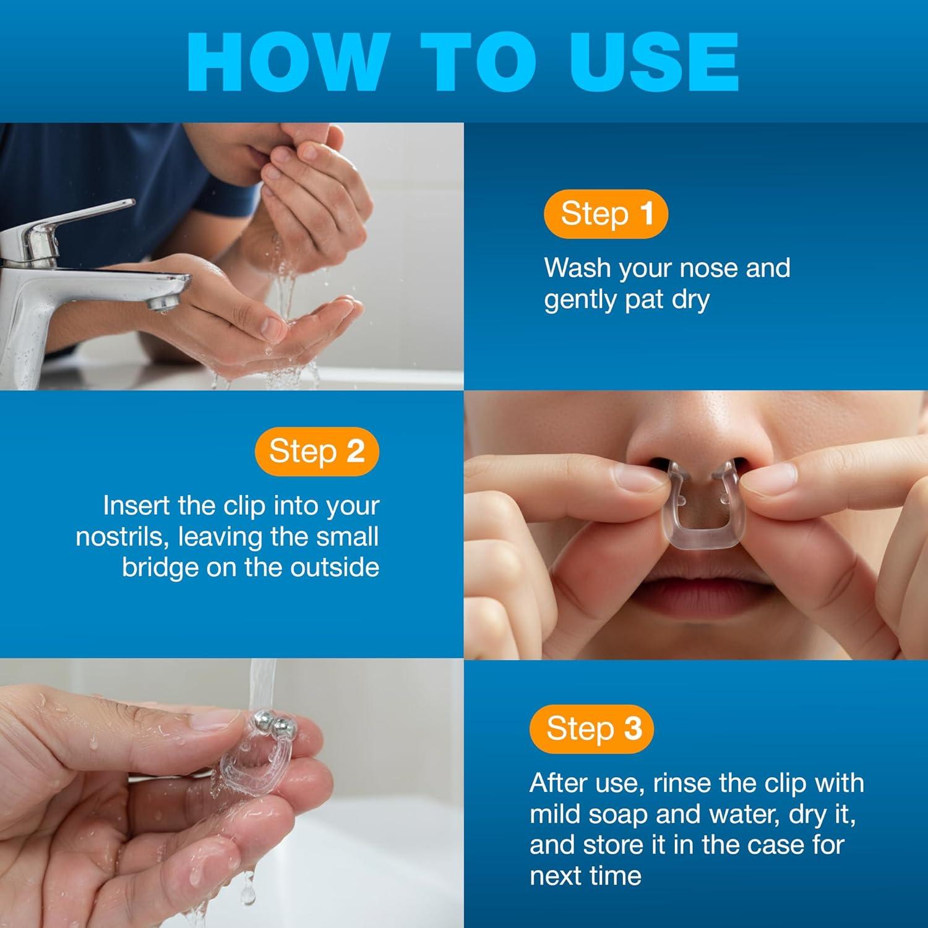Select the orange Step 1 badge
coord(606,214)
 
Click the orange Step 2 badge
coord(316,451)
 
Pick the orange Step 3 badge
coord(592,728)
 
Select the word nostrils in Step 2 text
coord(121,536)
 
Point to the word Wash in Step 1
coord(577,268)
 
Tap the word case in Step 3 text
coord(776,844)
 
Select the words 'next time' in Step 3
coord(585,875)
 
